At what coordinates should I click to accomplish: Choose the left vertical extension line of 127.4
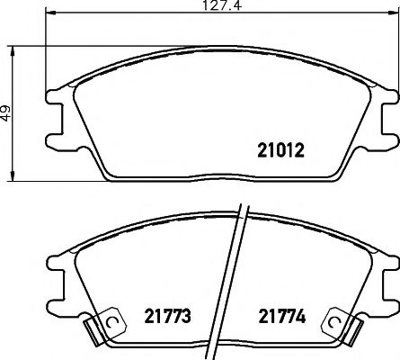[44, 54]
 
